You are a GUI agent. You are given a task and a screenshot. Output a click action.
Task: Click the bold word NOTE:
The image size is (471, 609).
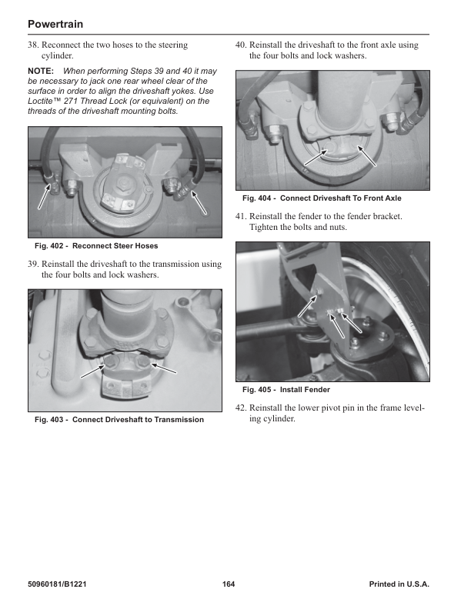point(40,71)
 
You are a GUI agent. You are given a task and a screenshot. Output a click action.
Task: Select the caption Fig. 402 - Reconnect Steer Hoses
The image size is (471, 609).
point(96,246)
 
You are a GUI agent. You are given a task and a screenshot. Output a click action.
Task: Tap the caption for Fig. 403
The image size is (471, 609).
point(119,420)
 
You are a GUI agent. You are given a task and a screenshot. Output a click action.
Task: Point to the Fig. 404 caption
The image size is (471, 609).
point(322,198)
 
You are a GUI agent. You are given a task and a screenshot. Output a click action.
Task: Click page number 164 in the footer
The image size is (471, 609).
point(229,585)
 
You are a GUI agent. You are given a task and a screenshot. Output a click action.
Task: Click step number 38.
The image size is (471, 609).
point(33,45)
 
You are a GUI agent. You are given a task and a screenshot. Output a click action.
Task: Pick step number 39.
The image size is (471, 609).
point(33,265)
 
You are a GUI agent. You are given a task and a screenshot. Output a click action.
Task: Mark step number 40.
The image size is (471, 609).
point(241,45)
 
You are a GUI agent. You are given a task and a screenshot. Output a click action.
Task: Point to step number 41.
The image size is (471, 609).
point(241,217)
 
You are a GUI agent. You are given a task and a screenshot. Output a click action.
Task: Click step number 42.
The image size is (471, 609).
point(241,408)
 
